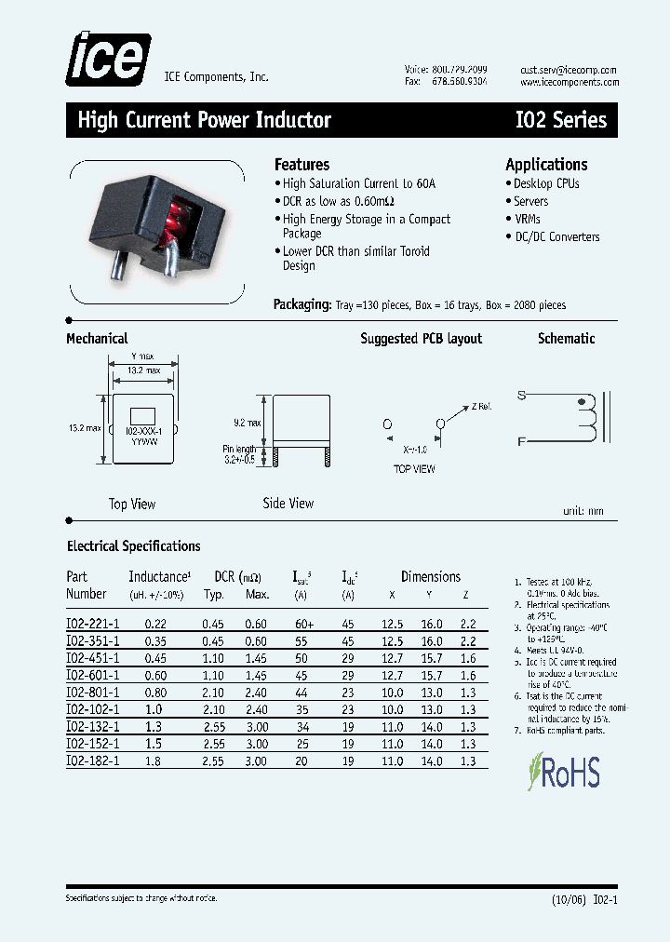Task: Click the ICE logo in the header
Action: (107, 59)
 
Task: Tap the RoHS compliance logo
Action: (563, 772)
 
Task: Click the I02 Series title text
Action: (560, 120)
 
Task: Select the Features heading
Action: (301, 165)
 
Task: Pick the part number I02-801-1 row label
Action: (93, 692)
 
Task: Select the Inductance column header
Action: (159, 577)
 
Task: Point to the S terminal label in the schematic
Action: (522, 396)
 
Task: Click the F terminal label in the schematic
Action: (522, 442)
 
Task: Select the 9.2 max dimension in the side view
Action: (247, 423)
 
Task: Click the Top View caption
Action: (132, 505)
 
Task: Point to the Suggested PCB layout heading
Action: (422, 339)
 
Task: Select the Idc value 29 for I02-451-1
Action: (348, 658)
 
